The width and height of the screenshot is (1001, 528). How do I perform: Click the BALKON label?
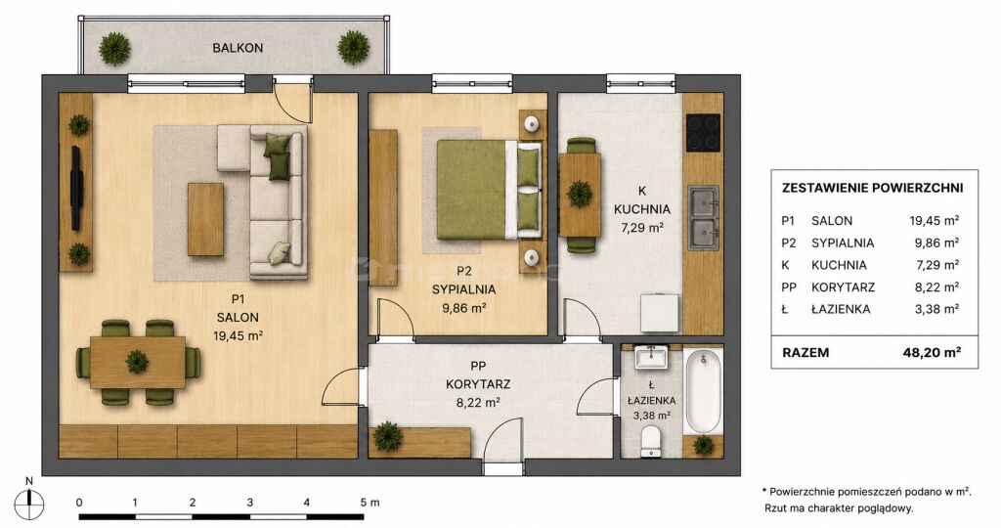point(238,48)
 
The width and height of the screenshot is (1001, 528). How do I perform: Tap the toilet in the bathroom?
point(650,442)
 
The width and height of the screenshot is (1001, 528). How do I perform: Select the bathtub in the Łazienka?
point(703,392)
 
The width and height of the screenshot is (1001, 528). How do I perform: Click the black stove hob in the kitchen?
point(703,132)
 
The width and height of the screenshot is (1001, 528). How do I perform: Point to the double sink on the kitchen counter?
point(704,217)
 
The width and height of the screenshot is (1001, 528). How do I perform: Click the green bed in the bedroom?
point(489,190)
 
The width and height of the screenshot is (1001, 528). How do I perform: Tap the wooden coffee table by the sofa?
point(205,219)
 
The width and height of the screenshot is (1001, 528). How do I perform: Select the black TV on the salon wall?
point(76,188)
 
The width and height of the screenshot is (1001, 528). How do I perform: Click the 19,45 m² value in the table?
point(935,221)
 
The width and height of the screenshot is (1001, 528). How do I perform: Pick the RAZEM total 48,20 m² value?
point(936,352)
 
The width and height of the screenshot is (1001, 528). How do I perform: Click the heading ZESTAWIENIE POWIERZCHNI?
point(873,188)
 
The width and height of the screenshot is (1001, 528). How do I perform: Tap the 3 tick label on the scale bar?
point(249,503)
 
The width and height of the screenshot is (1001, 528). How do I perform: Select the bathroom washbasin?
point(650,358)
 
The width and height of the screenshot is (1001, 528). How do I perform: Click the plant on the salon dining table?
point(137,362)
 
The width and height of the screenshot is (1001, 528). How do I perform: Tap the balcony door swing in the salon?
point(292,101)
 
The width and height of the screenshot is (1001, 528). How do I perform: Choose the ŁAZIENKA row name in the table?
point(841,310)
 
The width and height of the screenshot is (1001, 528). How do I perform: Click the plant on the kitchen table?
point(580,194)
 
